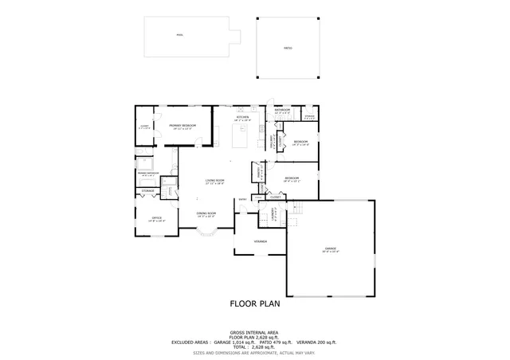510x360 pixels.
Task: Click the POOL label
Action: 179,34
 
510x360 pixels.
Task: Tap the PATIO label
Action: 288,49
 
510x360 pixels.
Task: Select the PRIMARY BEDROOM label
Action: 182,126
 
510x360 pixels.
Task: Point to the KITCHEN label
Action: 243,118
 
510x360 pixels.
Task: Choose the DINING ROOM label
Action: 206,213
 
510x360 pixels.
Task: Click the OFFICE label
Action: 157,217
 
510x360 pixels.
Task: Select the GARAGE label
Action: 330,248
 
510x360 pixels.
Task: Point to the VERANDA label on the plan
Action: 260,241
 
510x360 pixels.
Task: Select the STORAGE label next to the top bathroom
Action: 310,116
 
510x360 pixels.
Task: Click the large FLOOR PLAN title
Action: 255,303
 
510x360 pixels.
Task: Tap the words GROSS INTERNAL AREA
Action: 255,331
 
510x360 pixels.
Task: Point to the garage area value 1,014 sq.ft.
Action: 242,341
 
